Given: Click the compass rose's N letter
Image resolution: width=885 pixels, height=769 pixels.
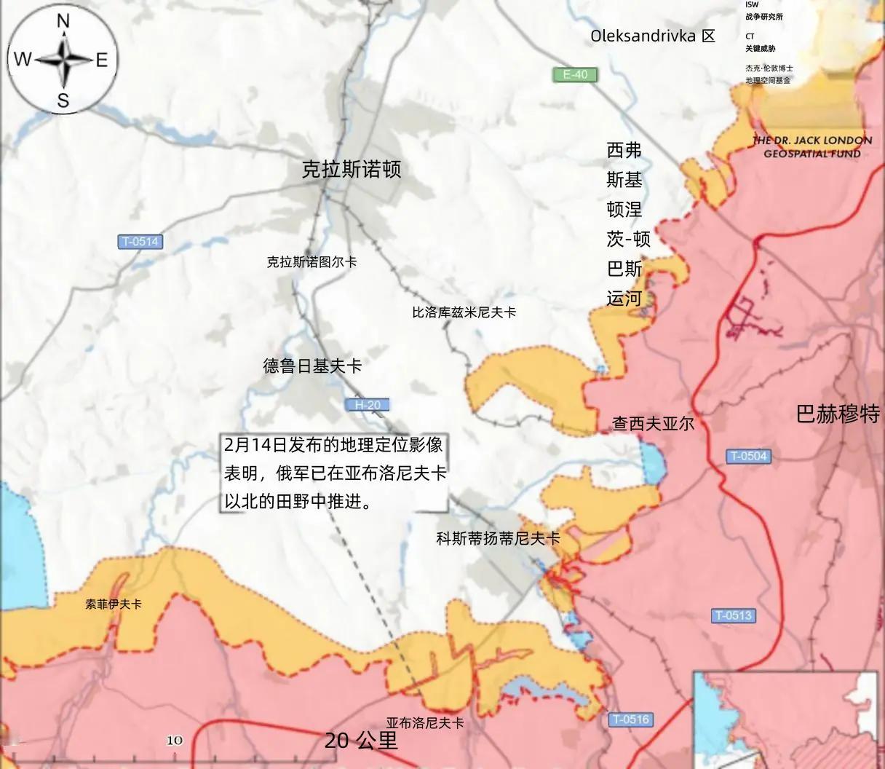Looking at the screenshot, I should coord(63,22).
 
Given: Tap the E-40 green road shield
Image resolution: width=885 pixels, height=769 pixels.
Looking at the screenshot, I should coord(574,74).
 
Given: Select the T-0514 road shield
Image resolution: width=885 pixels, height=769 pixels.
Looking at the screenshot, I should coord(140,242).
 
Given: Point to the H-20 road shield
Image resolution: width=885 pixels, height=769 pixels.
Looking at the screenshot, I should coord(368,405).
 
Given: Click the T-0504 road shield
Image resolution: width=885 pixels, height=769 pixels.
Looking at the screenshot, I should coord(749,457).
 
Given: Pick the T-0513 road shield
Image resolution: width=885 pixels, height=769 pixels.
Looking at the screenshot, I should coord(733,615).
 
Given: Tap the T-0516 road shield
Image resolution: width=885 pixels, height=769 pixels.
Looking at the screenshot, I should coord(630,719).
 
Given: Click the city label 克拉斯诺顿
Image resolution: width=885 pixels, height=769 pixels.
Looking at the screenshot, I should coord(352,170).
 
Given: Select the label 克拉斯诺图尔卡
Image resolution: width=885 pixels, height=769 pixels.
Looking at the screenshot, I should coord(311,262).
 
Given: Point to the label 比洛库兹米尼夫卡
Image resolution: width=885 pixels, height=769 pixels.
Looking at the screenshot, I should coord(464,312).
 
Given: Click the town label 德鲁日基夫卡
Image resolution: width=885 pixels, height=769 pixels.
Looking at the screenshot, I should coord(312,366).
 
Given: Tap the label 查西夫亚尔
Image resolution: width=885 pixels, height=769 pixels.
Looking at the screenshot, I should coord(653,423).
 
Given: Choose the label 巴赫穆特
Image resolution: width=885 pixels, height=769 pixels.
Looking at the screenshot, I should coord(838,414).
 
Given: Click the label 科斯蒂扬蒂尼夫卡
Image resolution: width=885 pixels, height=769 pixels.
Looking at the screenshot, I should coord(498,539).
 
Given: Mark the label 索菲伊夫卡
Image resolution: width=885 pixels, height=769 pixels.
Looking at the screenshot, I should coord(114,604).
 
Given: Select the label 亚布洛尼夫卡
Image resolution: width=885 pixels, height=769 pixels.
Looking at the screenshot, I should coord(425,723).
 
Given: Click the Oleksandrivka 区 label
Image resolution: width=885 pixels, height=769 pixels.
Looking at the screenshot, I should coord(653,36).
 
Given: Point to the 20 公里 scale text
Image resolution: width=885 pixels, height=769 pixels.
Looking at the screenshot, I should coord(361,741).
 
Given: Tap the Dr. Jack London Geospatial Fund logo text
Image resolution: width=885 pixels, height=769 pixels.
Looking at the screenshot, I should coord(812,146).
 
